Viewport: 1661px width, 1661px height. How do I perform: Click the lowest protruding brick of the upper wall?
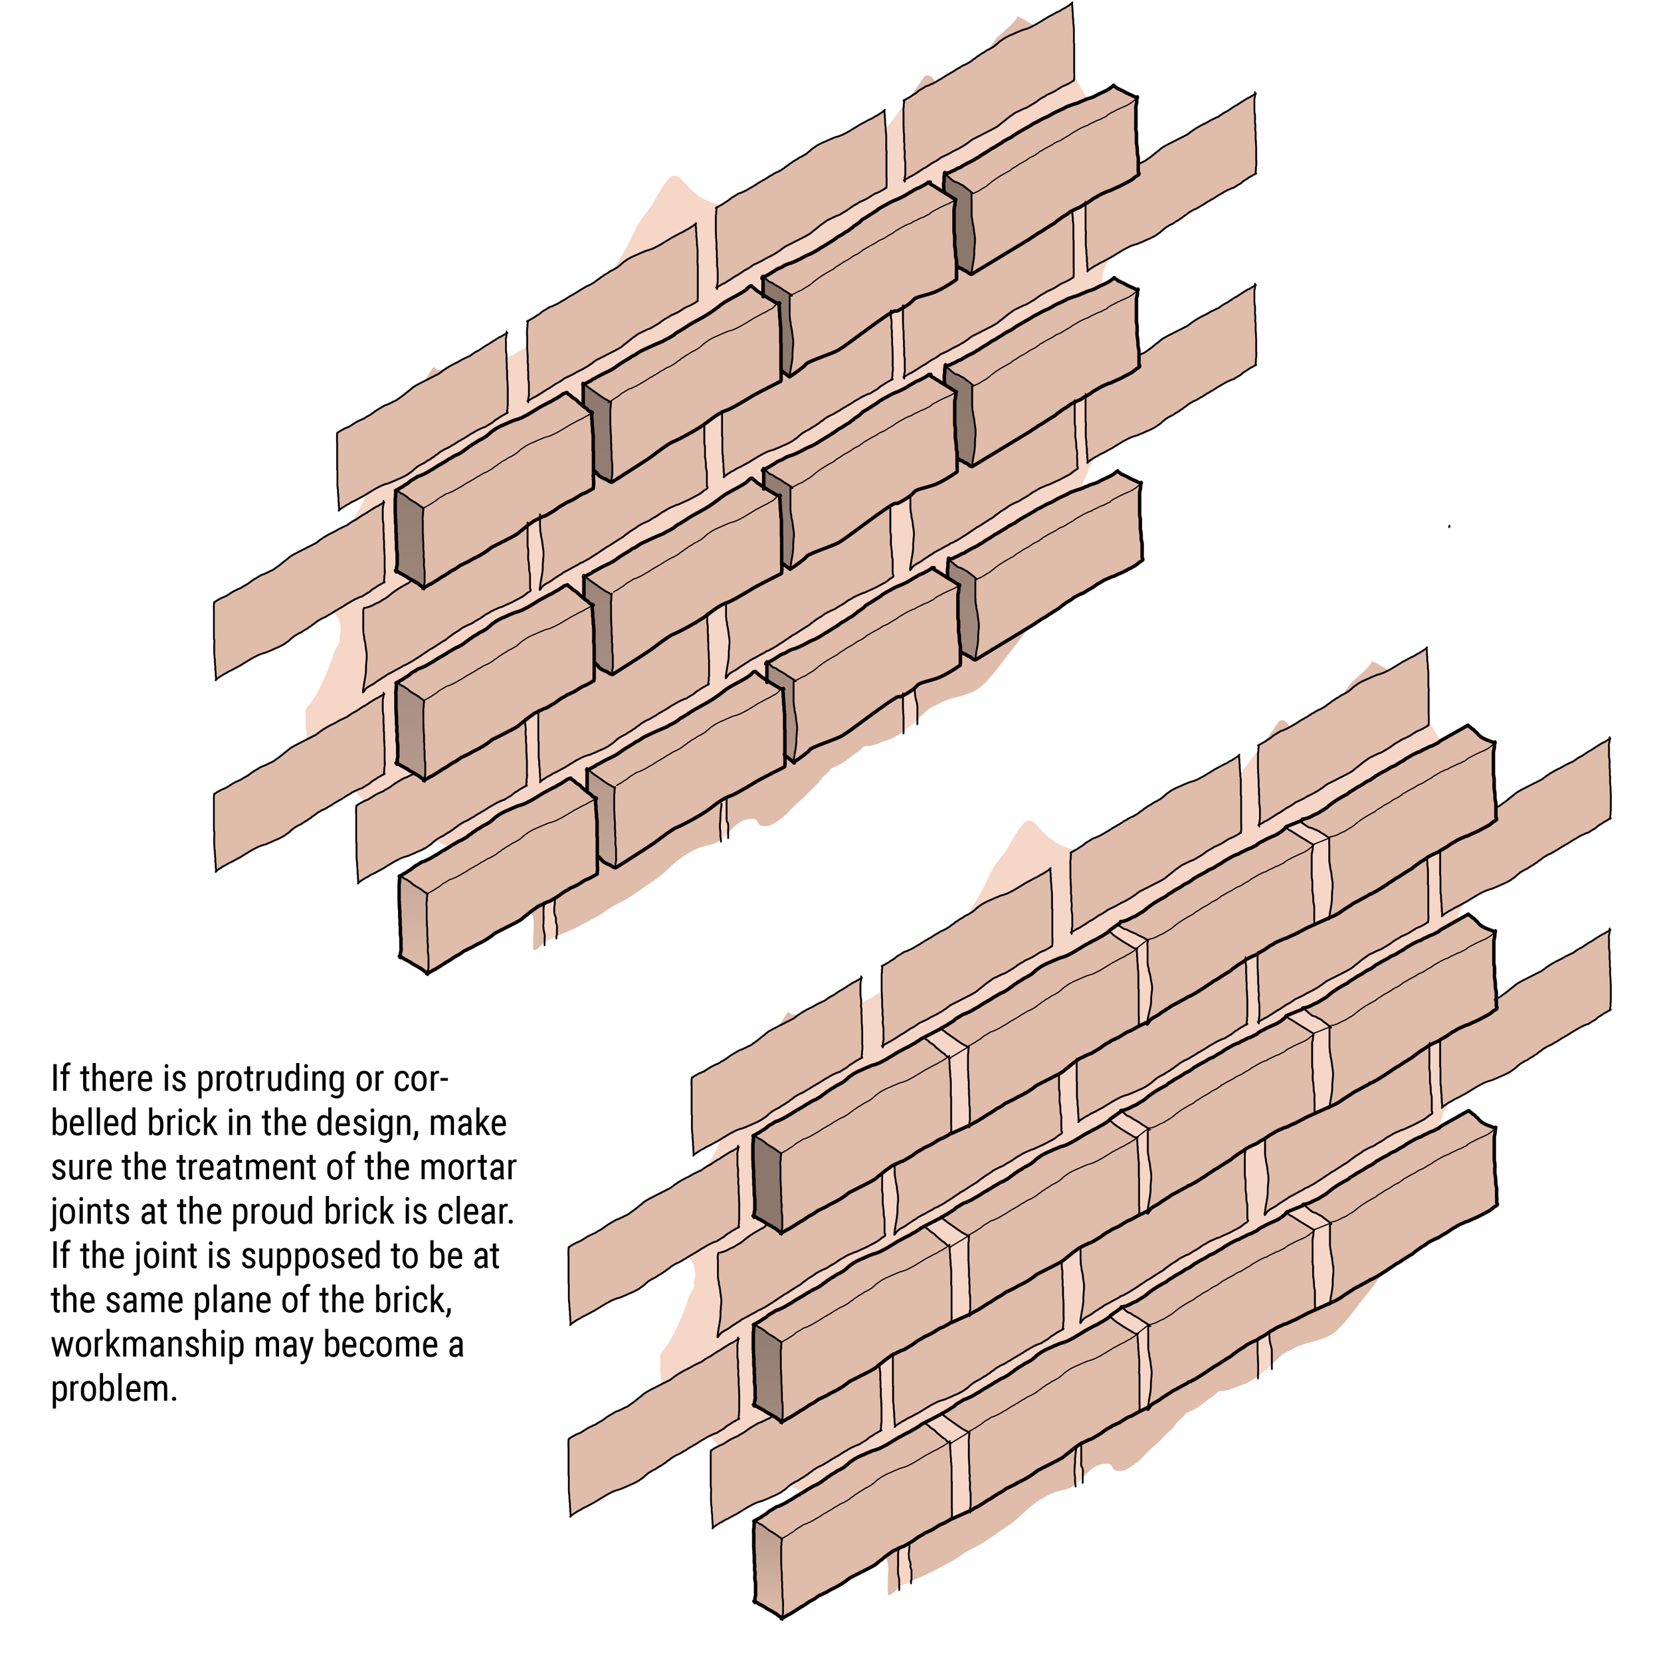tap(499, 877)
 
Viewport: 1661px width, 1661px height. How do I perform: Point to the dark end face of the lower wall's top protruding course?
tap(767, 1182)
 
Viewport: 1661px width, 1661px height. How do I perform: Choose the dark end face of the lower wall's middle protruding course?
tap(767, 1373)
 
